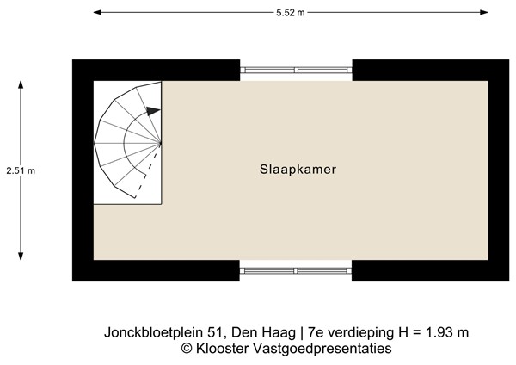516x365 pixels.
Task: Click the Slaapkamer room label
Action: (x=298, y=170)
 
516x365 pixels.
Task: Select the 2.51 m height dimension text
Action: (x=20, y=170)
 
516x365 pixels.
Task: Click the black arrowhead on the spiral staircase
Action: (x=153, y=110)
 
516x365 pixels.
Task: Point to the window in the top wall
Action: (x=296, y=70)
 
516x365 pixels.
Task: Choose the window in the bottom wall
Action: (x=296, y=270)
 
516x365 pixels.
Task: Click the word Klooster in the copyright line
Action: (x=220, y=349)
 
